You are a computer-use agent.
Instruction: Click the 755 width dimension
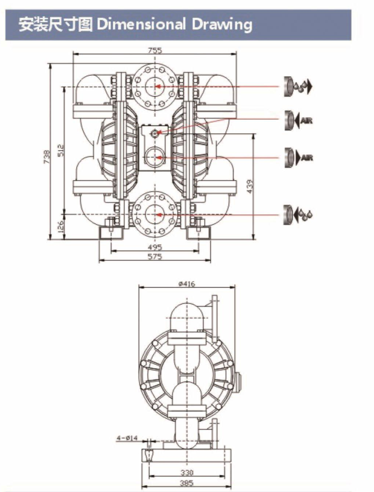(155, 50)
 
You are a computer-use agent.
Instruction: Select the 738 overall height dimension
(47, 157)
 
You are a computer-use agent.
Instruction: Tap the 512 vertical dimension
(61, 150)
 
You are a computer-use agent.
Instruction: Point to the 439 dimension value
(250, 186)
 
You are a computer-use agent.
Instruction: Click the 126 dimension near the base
(61, 227)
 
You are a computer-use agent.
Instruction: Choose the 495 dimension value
(155, 248)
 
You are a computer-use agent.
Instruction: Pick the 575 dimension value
(155, 257)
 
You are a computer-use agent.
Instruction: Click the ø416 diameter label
(187, 284)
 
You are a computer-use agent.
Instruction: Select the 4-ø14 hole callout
(127, 438)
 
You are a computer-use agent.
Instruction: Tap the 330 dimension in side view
(187, 472)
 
